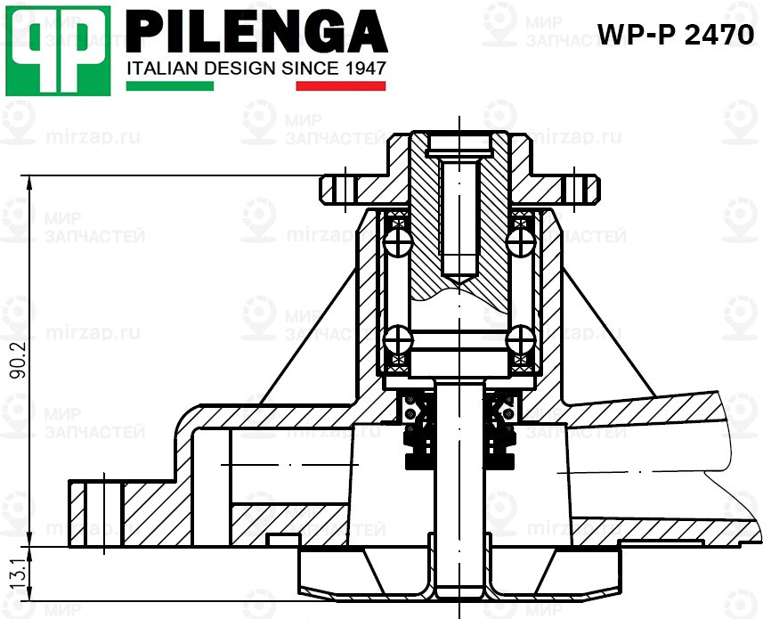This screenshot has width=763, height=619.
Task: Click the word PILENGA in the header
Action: point(258,33)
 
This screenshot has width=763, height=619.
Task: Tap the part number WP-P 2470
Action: point(676,35)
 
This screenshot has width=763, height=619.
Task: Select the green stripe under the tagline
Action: point(170,86)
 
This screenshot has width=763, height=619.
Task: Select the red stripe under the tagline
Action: point(341,86)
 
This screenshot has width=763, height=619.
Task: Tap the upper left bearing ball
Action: point(397,241)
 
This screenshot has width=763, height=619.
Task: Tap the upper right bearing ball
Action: point(518,241)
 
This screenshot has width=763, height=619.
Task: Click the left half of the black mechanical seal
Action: point(416,436)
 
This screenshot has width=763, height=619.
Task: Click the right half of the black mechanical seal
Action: point(501,436)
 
